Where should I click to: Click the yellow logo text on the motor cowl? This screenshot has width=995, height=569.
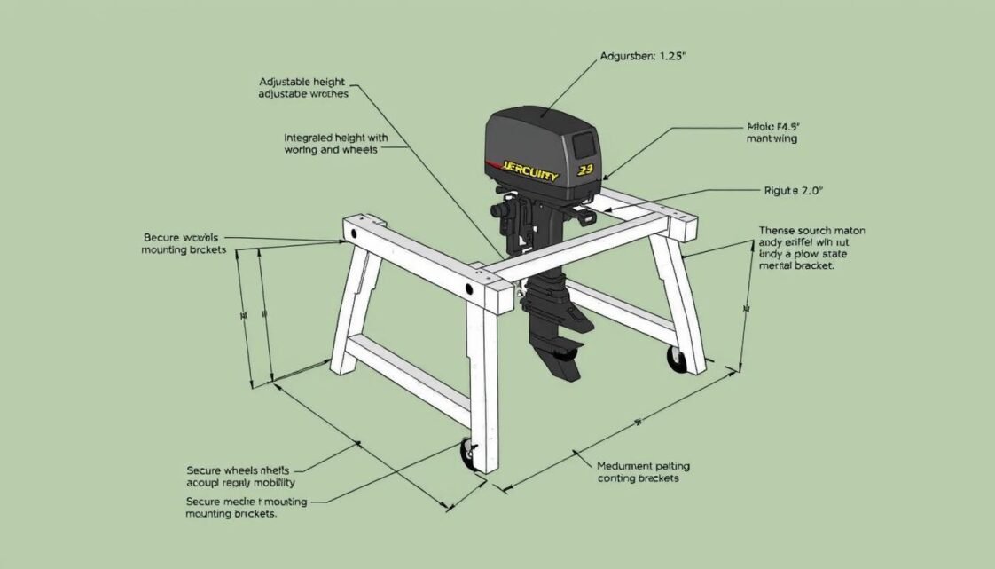(x=529, y=171)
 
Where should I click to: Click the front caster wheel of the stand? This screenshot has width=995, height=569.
(x=467, y=454)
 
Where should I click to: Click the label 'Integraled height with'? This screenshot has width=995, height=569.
(x=336, y=138)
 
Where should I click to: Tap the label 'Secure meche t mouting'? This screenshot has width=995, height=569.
(x=247, y=502)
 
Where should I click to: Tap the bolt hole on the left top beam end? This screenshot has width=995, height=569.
(x=354, y=233)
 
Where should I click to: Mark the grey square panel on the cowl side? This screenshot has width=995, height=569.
(x=584, y=143)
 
